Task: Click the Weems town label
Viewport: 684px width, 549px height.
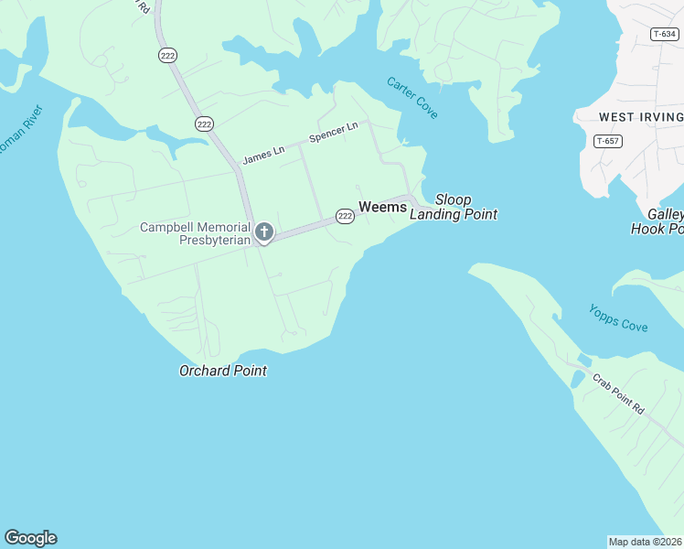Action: [382, 207]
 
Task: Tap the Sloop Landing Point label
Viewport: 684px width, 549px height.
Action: [454, 207]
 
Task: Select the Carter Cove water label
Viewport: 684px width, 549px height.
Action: [411, 98]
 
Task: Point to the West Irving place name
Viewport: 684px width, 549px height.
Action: [641, 117]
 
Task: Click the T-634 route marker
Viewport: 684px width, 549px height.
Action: [664, 34]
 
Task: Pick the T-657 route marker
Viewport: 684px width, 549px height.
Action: [607, 141]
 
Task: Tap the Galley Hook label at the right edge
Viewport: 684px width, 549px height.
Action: [658, 221]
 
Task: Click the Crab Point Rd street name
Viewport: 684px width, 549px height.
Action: [618, 394]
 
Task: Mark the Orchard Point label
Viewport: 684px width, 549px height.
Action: [223, 371]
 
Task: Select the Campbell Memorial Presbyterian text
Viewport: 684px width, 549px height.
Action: [195, 233]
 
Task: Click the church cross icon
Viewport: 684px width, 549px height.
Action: [264, 231]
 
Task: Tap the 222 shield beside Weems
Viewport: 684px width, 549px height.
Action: [344, 216]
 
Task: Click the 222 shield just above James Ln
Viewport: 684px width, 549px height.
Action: [204, 124]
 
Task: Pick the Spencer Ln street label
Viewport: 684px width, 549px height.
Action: [333, 133]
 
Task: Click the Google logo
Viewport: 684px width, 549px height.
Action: [30, 538]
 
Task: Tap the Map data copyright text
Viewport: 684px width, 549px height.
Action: [646, 542]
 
